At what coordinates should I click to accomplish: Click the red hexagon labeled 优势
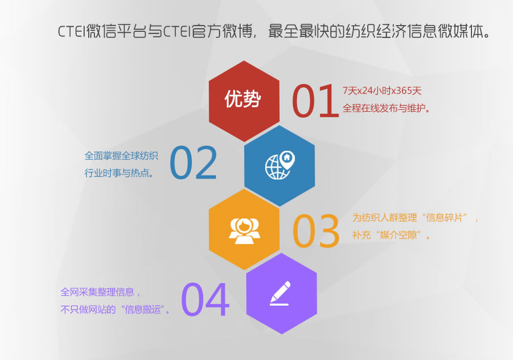(x=244, y=101)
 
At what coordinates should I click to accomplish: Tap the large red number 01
(x=315, y=101)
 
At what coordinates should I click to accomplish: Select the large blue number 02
(x=193, y=163)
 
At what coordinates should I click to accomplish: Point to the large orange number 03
(x=315, y=231)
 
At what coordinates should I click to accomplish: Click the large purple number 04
(x=205, y=299)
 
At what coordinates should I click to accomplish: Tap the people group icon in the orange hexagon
(x=244, y=231)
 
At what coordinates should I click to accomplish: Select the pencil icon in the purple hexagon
(x=280, y=293)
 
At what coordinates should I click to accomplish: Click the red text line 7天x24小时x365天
(x=382, y=91)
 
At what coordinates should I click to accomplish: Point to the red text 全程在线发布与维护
(x=386, y=108)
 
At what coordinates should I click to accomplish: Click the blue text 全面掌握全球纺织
(x=122, y=155)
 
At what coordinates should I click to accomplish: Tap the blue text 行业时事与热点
(x=119, y=173)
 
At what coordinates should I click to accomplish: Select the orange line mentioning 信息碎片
(x=415, y=217)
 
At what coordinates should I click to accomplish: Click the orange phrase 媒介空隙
(x=399, y=235)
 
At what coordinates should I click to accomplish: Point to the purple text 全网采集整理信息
(x=97, y=292)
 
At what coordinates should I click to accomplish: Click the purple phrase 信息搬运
(x=143, y=309)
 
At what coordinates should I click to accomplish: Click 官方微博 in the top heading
(x=222, y=31)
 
